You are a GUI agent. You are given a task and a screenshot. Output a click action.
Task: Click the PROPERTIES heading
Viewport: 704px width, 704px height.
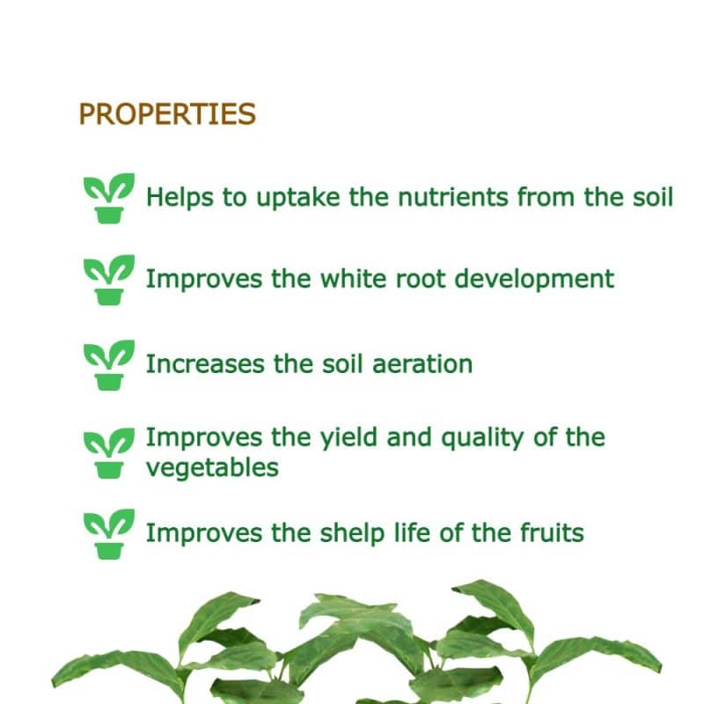pyautogui.click(x=167, y=114)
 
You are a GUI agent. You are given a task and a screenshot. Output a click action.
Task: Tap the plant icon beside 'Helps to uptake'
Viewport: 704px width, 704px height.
pyautogui.click(x=109, y=198)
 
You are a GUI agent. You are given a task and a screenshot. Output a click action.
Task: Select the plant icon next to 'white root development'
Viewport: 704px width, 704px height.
pyautogui.click(x=109, y=280)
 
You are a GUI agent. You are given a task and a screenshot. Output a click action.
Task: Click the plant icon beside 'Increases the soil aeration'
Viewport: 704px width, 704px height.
pyautogui.click(x=109, y=364)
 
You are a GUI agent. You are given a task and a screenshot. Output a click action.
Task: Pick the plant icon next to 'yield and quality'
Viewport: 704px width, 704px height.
pyautogui.click(x=109, y=452)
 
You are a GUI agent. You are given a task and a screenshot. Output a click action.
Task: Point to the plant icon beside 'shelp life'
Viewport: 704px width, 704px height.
pyautogui.click(x=109, y=532)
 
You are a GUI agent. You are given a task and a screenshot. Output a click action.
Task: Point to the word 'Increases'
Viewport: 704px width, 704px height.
pyautogui.click(x=194, y=363)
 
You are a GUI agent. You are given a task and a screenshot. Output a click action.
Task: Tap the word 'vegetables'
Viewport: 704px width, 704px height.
pyautogui.click(x=212, y=467)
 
